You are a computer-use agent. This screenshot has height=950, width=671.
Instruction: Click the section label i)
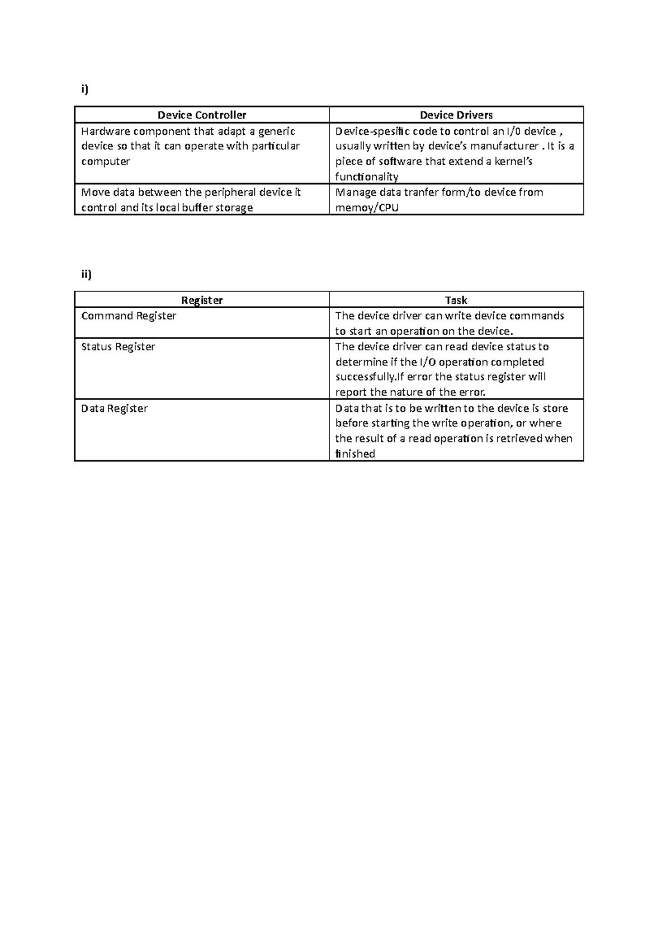click(84, 90)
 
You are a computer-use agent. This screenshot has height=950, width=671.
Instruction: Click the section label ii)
click(86, 274)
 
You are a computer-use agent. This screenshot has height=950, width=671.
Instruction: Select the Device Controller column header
click(202, 115)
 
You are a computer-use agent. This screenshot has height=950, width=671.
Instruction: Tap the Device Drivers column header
click(456, 115)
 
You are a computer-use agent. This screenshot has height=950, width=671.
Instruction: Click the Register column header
click(202, 300)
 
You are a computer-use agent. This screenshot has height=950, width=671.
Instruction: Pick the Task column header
click(456, 300)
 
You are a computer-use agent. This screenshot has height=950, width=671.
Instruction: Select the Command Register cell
click(129, 316)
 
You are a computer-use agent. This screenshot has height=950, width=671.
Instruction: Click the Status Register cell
click(118, 347)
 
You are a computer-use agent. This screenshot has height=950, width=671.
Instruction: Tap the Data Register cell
click(114, 408)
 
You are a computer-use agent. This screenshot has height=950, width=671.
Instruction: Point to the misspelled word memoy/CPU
click(367, 208)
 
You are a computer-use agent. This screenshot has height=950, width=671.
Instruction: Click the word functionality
click(366, 177)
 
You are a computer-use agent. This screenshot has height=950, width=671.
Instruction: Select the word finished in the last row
click(355, 454)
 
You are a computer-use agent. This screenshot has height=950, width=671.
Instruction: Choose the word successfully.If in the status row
click(369, 377)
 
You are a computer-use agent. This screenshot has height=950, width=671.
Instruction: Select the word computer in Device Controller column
click(105, 162)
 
